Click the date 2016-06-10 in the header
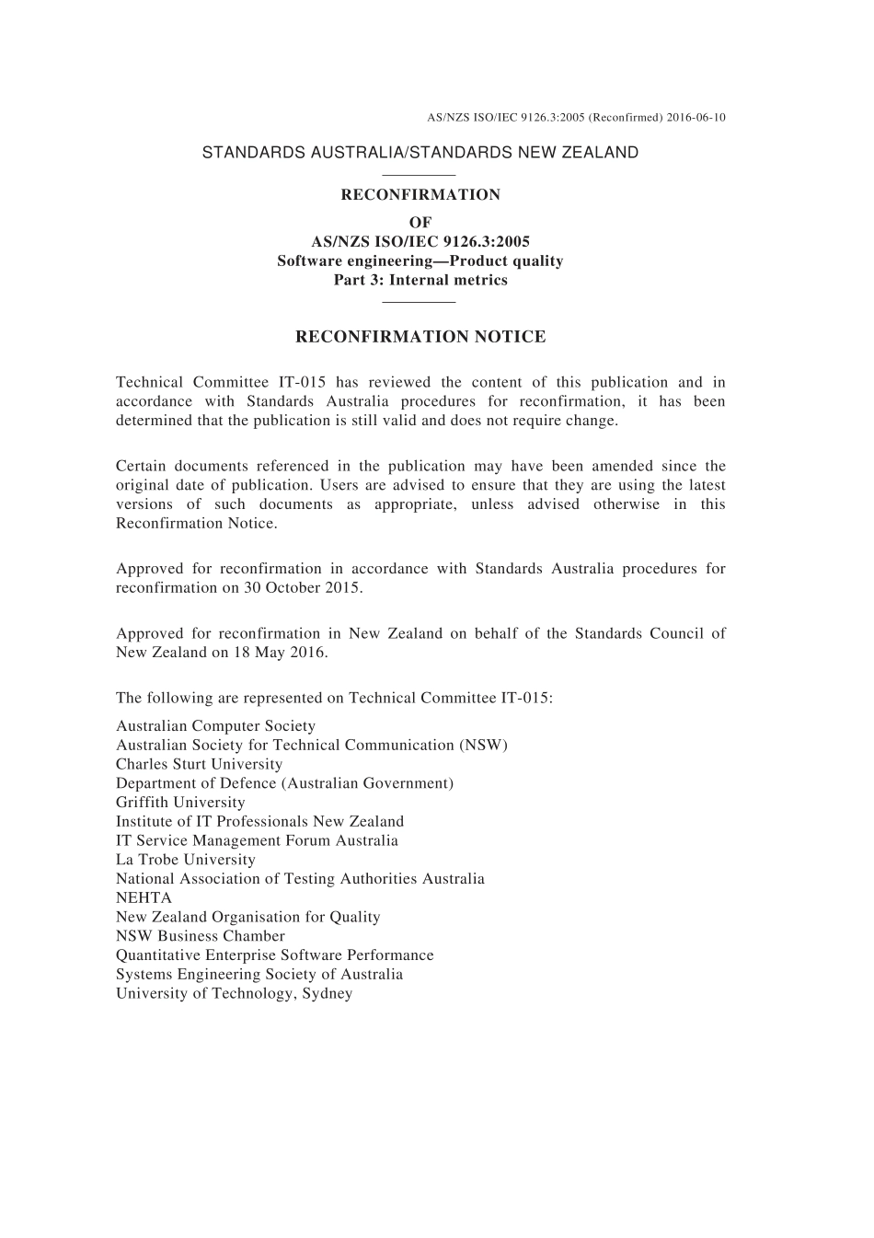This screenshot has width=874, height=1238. point(696,118)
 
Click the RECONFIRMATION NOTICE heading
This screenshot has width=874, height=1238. point(420,337)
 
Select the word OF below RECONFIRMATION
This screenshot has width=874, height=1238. point(420,222)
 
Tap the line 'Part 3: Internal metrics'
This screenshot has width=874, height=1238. point(420,280)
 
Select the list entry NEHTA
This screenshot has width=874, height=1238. point(144,897)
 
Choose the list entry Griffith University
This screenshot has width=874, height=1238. point(180,802)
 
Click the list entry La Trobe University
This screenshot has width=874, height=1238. point(186,860)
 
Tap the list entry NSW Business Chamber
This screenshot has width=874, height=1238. point(201,936)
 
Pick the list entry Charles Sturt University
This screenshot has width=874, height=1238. point(199,764)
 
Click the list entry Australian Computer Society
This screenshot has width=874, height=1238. point(215,726)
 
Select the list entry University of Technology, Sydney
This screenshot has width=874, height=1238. point(234,993)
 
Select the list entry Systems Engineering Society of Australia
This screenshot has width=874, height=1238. point(259,974)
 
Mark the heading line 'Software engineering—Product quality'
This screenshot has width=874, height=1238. point(420,260)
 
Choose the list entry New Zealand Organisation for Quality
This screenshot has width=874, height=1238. point(247,917)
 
